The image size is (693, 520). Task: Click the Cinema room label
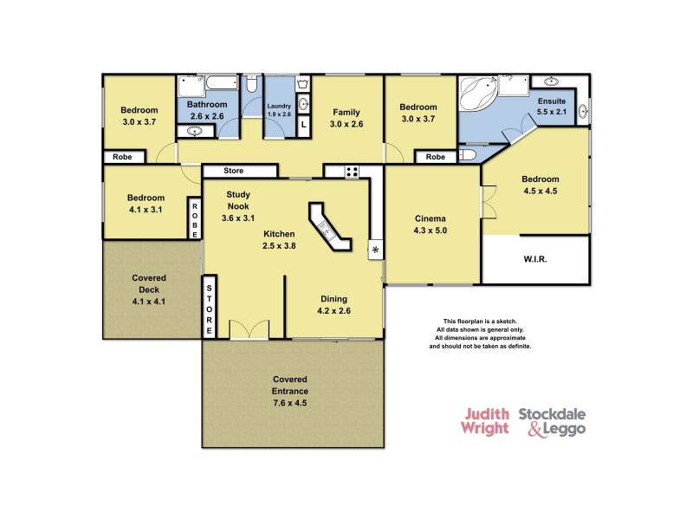tap(430, 218)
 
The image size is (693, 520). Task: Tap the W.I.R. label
tap(534, 259)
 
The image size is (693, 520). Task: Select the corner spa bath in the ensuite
tap(477, 94)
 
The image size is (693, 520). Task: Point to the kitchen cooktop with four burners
tap(353, 171)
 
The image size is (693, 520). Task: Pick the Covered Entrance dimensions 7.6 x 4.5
tap(290, 403)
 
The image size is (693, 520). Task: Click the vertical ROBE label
tap(195, 218)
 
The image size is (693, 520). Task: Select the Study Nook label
tap(238, 201)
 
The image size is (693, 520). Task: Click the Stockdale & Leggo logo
tap(552, 421)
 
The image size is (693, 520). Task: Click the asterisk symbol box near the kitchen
tap(375, 250)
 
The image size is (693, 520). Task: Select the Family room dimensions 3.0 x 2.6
tap(347, 124)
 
